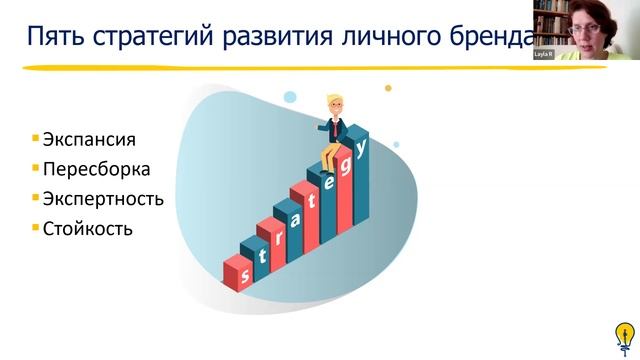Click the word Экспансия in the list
[88, 139]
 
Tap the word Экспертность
[103, 198]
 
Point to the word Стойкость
[88, 228]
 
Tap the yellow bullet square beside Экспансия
[35, 137]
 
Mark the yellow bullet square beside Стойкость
[35, 226]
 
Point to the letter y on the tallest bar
[361, 145]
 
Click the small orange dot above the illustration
[388, 88]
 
